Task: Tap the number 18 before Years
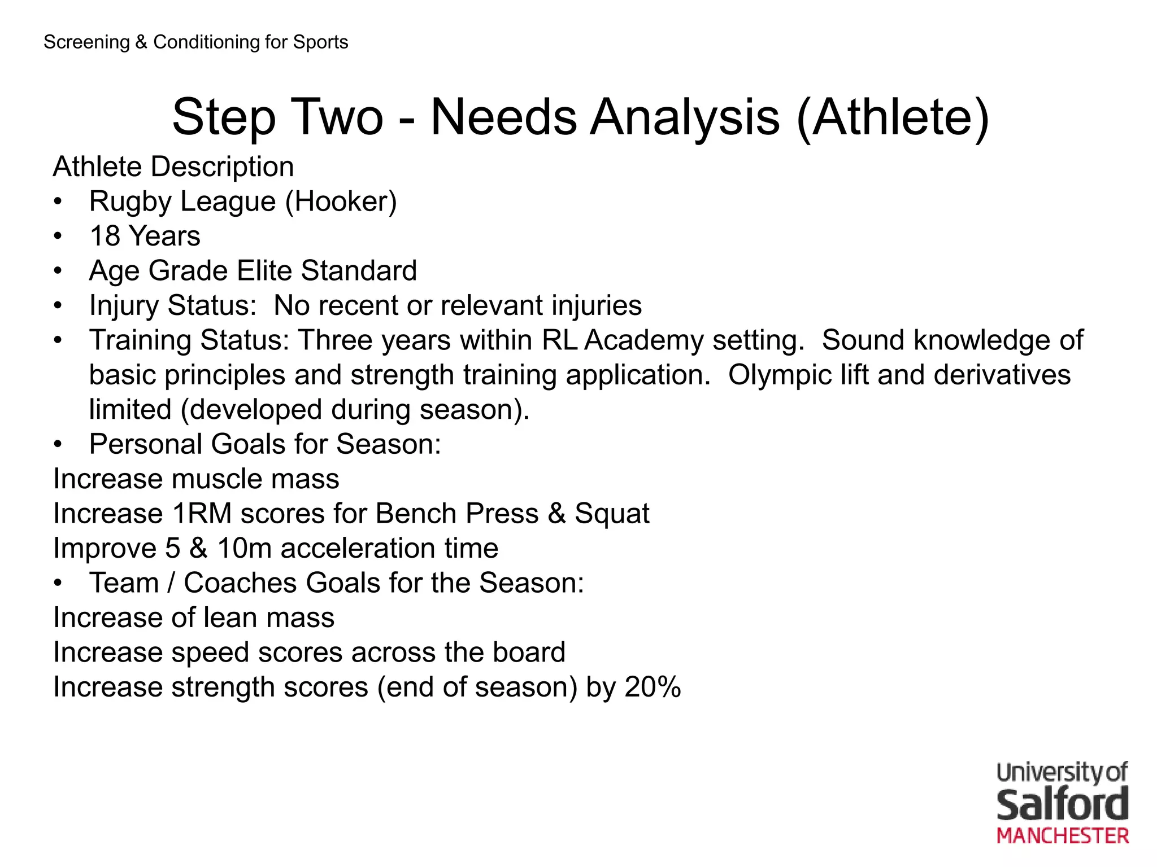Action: point(105,236)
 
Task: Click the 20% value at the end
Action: point(653,688)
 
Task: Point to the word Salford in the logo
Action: point(1062,805)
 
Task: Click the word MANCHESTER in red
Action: point(1062,837)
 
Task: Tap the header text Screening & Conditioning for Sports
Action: point(195,42)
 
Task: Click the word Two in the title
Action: point(337,117)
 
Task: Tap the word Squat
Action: point(612,514)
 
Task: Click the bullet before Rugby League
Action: point(58,202)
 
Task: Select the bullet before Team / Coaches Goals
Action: point(58,584)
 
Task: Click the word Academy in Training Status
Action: point(643,341)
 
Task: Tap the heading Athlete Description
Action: point(173,167)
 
